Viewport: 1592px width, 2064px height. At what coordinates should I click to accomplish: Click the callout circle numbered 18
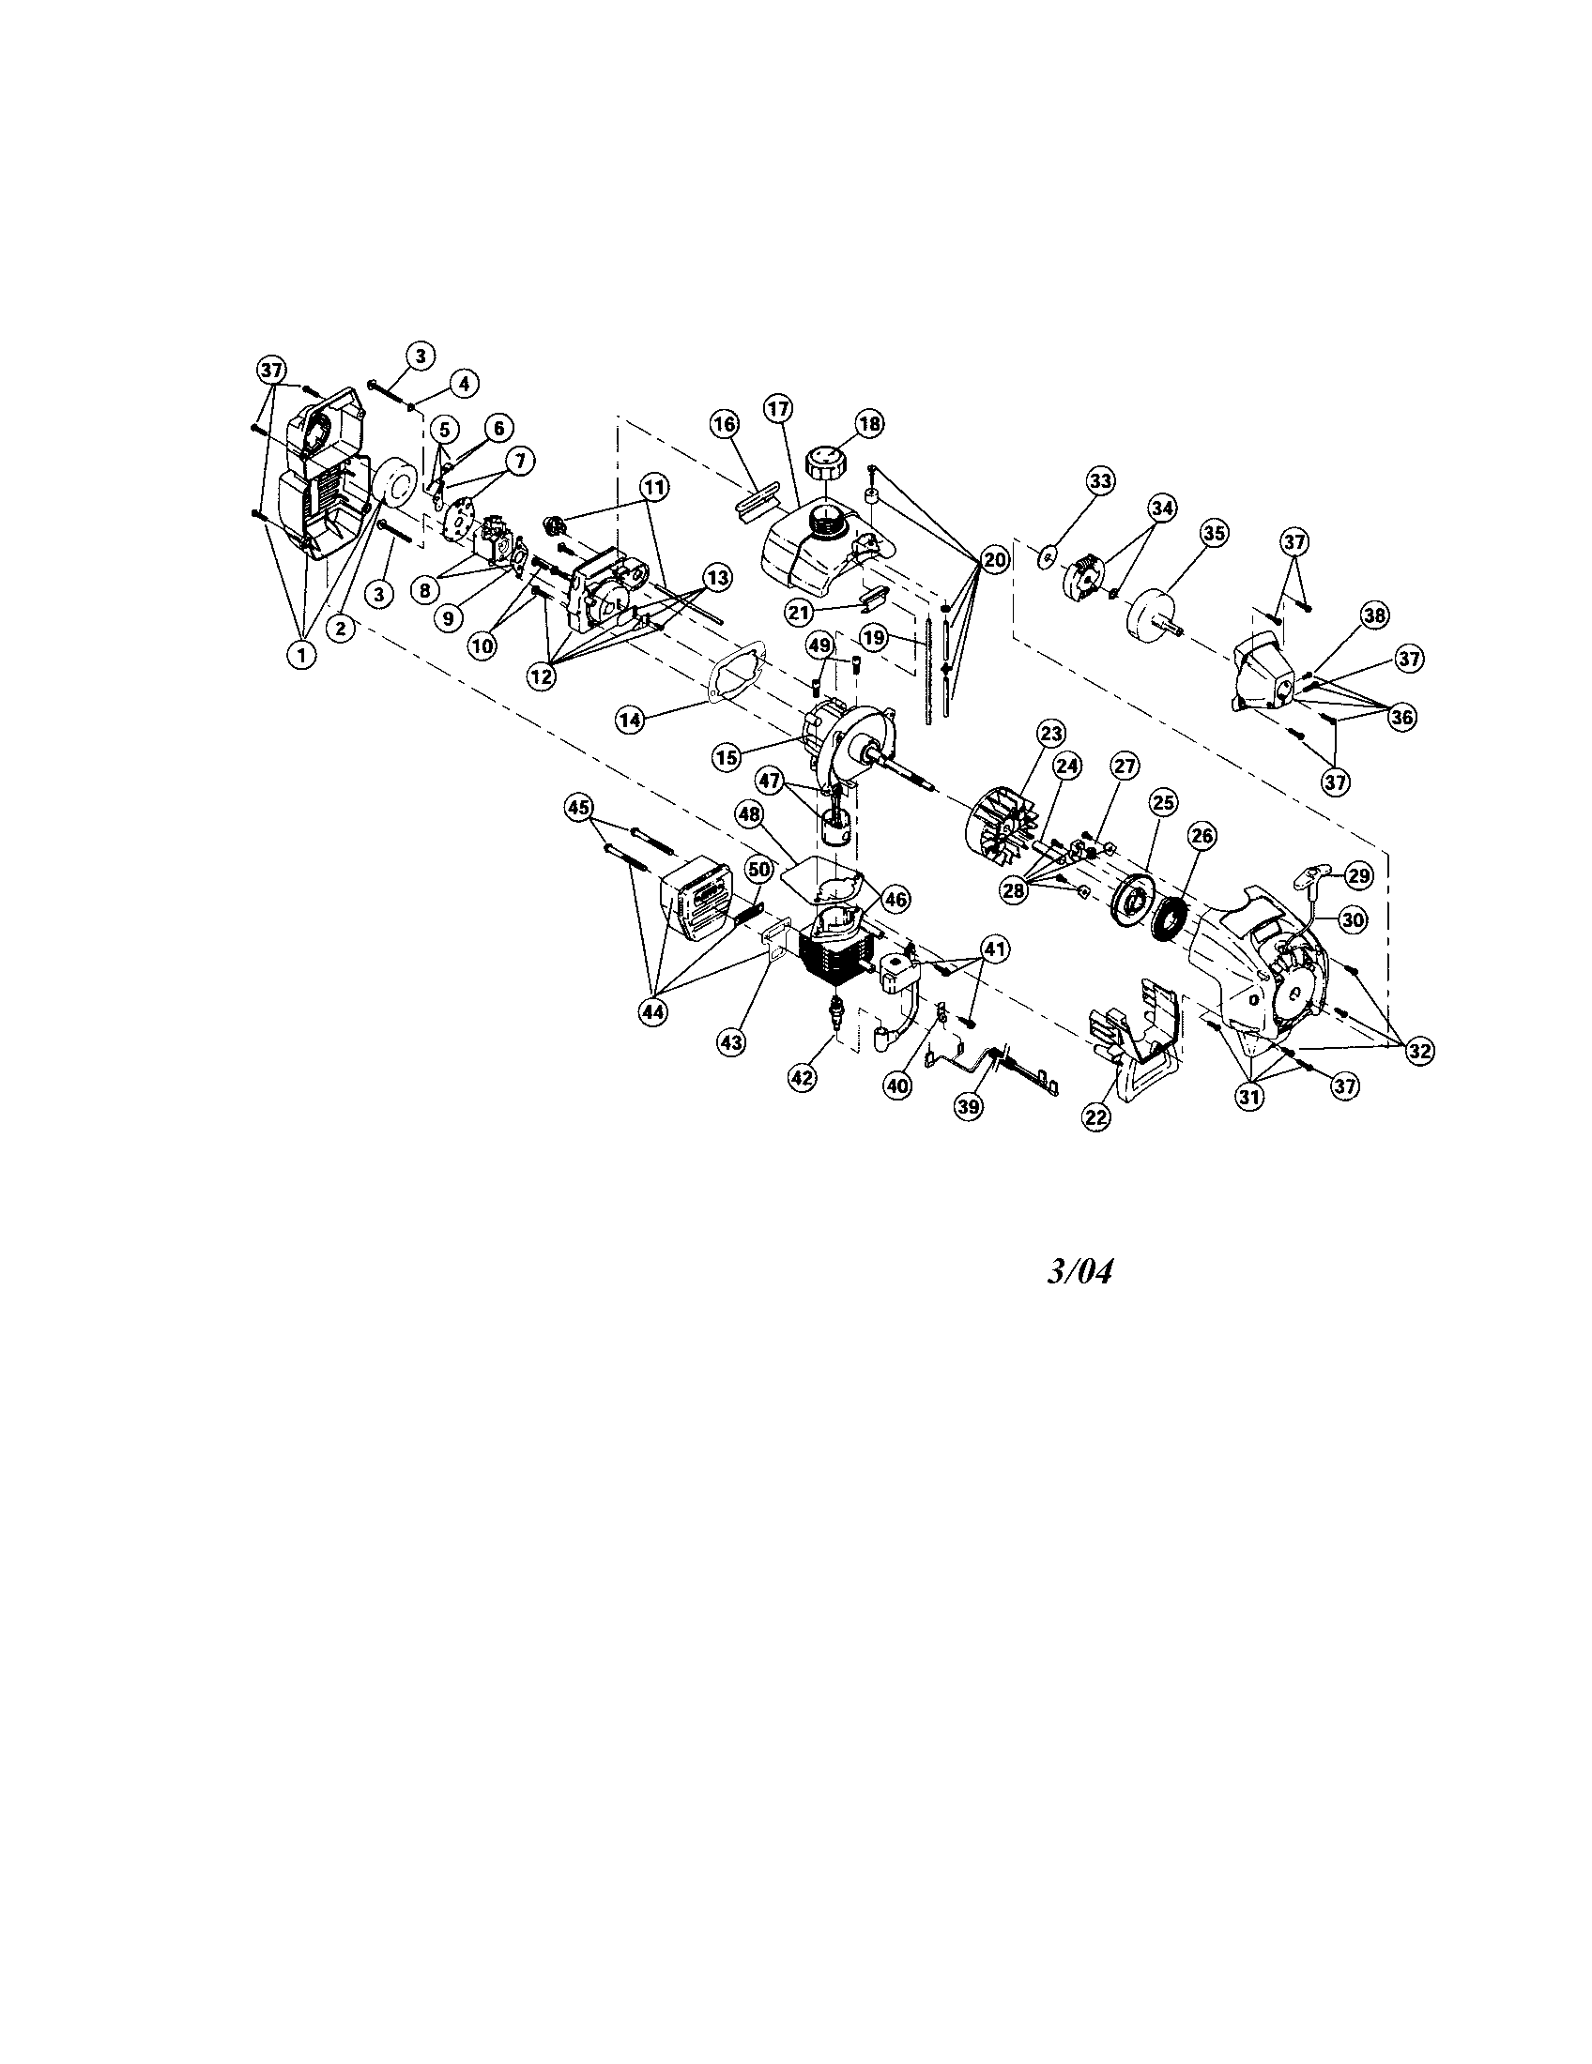coord(869,423)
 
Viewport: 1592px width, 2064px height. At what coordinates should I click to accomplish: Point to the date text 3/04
coord(1079,1271)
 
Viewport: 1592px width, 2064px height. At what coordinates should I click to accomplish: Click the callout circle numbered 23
coord(1051,733)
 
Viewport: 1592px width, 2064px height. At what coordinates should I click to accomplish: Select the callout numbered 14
coord(630,719)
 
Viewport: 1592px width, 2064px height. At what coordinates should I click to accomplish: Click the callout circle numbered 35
coord(1213,533)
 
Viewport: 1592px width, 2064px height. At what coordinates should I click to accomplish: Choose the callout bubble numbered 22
coord(1094,1116)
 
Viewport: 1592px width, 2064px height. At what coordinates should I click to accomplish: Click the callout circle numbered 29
coord(1357,876)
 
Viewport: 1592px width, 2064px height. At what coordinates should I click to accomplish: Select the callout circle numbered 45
coord(578,807)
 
